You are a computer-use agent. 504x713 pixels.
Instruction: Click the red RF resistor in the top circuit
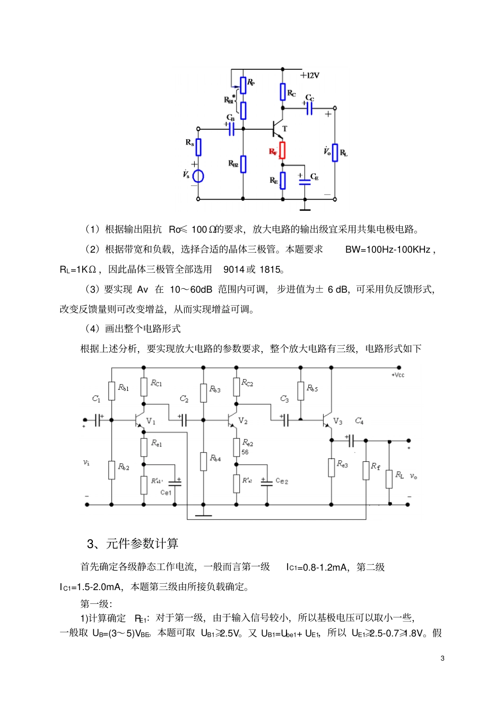click(x=282, y=150)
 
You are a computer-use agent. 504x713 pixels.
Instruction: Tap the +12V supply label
click(x=310, y=75)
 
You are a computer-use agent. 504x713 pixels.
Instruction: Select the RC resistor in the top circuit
click(x=283, y=92)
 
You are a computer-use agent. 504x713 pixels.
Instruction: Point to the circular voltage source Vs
click(x=198, y=176)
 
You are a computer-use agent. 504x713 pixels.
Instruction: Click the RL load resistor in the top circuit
click(x=335, y=153)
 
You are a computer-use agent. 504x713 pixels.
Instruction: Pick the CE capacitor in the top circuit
click(x=305, y=181)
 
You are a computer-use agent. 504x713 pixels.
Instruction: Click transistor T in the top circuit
click(x=277, y=128)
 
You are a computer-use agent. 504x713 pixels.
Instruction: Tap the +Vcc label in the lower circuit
click(x=398, y=375)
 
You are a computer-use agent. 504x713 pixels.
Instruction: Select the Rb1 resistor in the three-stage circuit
click(x=112, y=391)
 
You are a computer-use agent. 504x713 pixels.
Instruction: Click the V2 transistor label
click(x=243, y=421)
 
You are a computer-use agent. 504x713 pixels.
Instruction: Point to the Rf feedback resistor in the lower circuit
click(x=366, y=470)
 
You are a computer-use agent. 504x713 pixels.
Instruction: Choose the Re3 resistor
click(x=332, y=468)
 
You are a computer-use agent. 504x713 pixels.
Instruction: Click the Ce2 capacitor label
click(x=282, y=481)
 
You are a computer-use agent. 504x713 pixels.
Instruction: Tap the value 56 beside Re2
click(x=245, y=452)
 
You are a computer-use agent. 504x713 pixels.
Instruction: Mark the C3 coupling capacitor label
click(x=284, y=399)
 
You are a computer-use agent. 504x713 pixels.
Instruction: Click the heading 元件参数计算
click(x=142, y=543)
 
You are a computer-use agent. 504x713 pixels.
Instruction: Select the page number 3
click(x=442, y=658)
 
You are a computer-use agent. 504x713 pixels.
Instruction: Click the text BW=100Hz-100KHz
click(x=388, y=249)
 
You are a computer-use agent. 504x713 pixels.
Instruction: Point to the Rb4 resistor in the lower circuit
click(x=204, y=461)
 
